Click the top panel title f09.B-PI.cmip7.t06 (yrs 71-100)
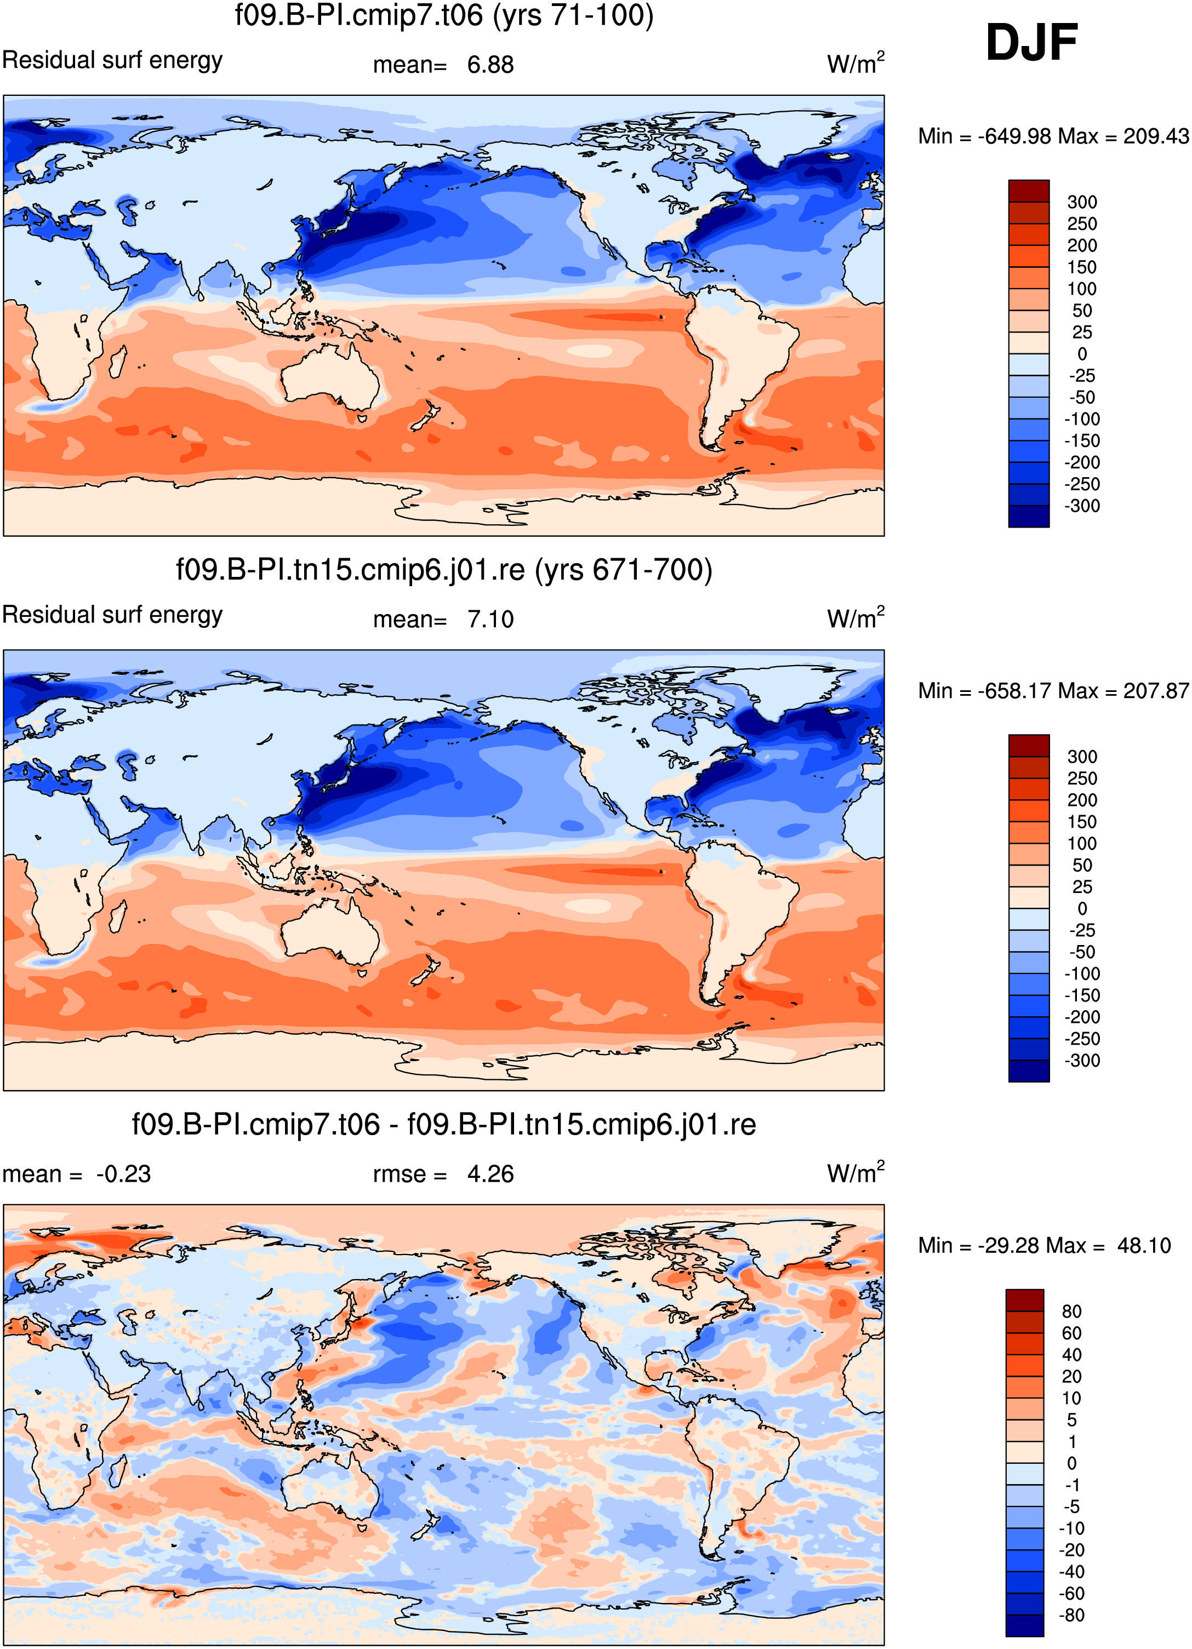(443, 15)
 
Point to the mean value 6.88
(490, 65)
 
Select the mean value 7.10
(490, 620)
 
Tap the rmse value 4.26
(490, 1174)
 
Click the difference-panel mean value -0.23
(124, 1174)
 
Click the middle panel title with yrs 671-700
(443, 570)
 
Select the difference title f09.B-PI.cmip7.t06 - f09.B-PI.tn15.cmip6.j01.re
(443, 1125)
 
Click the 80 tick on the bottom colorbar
(1071, 1312)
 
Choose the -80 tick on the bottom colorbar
(1071, 1616)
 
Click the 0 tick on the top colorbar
(1082, 354)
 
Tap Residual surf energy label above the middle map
(113, 615)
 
